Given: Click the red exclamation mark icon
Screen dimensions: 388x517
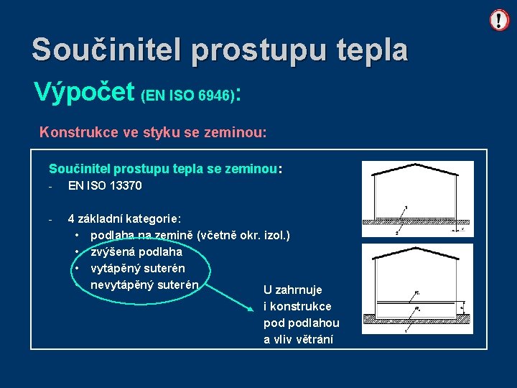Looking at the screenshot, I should click(x=499, y=20).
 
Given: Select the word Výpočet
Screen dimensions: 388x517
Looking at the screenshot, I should click(x=84, y=92).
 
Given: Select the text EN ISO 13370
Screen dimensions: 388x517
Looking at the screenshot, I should click(x=105, y=186).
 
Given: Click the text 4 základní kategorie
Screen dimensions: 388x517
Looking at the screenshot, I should click(x=124, y=218).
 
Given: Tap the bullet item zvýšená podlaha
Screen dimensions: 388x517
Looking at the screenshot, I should click(x=136, y=251).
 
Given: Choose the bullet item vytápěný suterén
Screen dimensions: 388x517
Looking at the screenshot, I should click(x=138, y=268).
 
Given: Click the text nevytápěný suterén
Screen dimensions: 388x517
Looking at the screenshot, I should click(x=144, y=285).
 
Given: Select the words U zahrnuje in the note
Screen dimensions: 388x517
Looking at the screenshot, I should click(x=293, y=290).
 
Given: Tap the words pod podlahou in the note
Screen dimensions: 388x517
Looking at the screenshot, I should click(x=301, y=323).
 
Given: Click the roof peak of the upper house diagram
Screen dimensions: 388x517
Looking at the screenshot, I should click(x=418, y=164).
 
